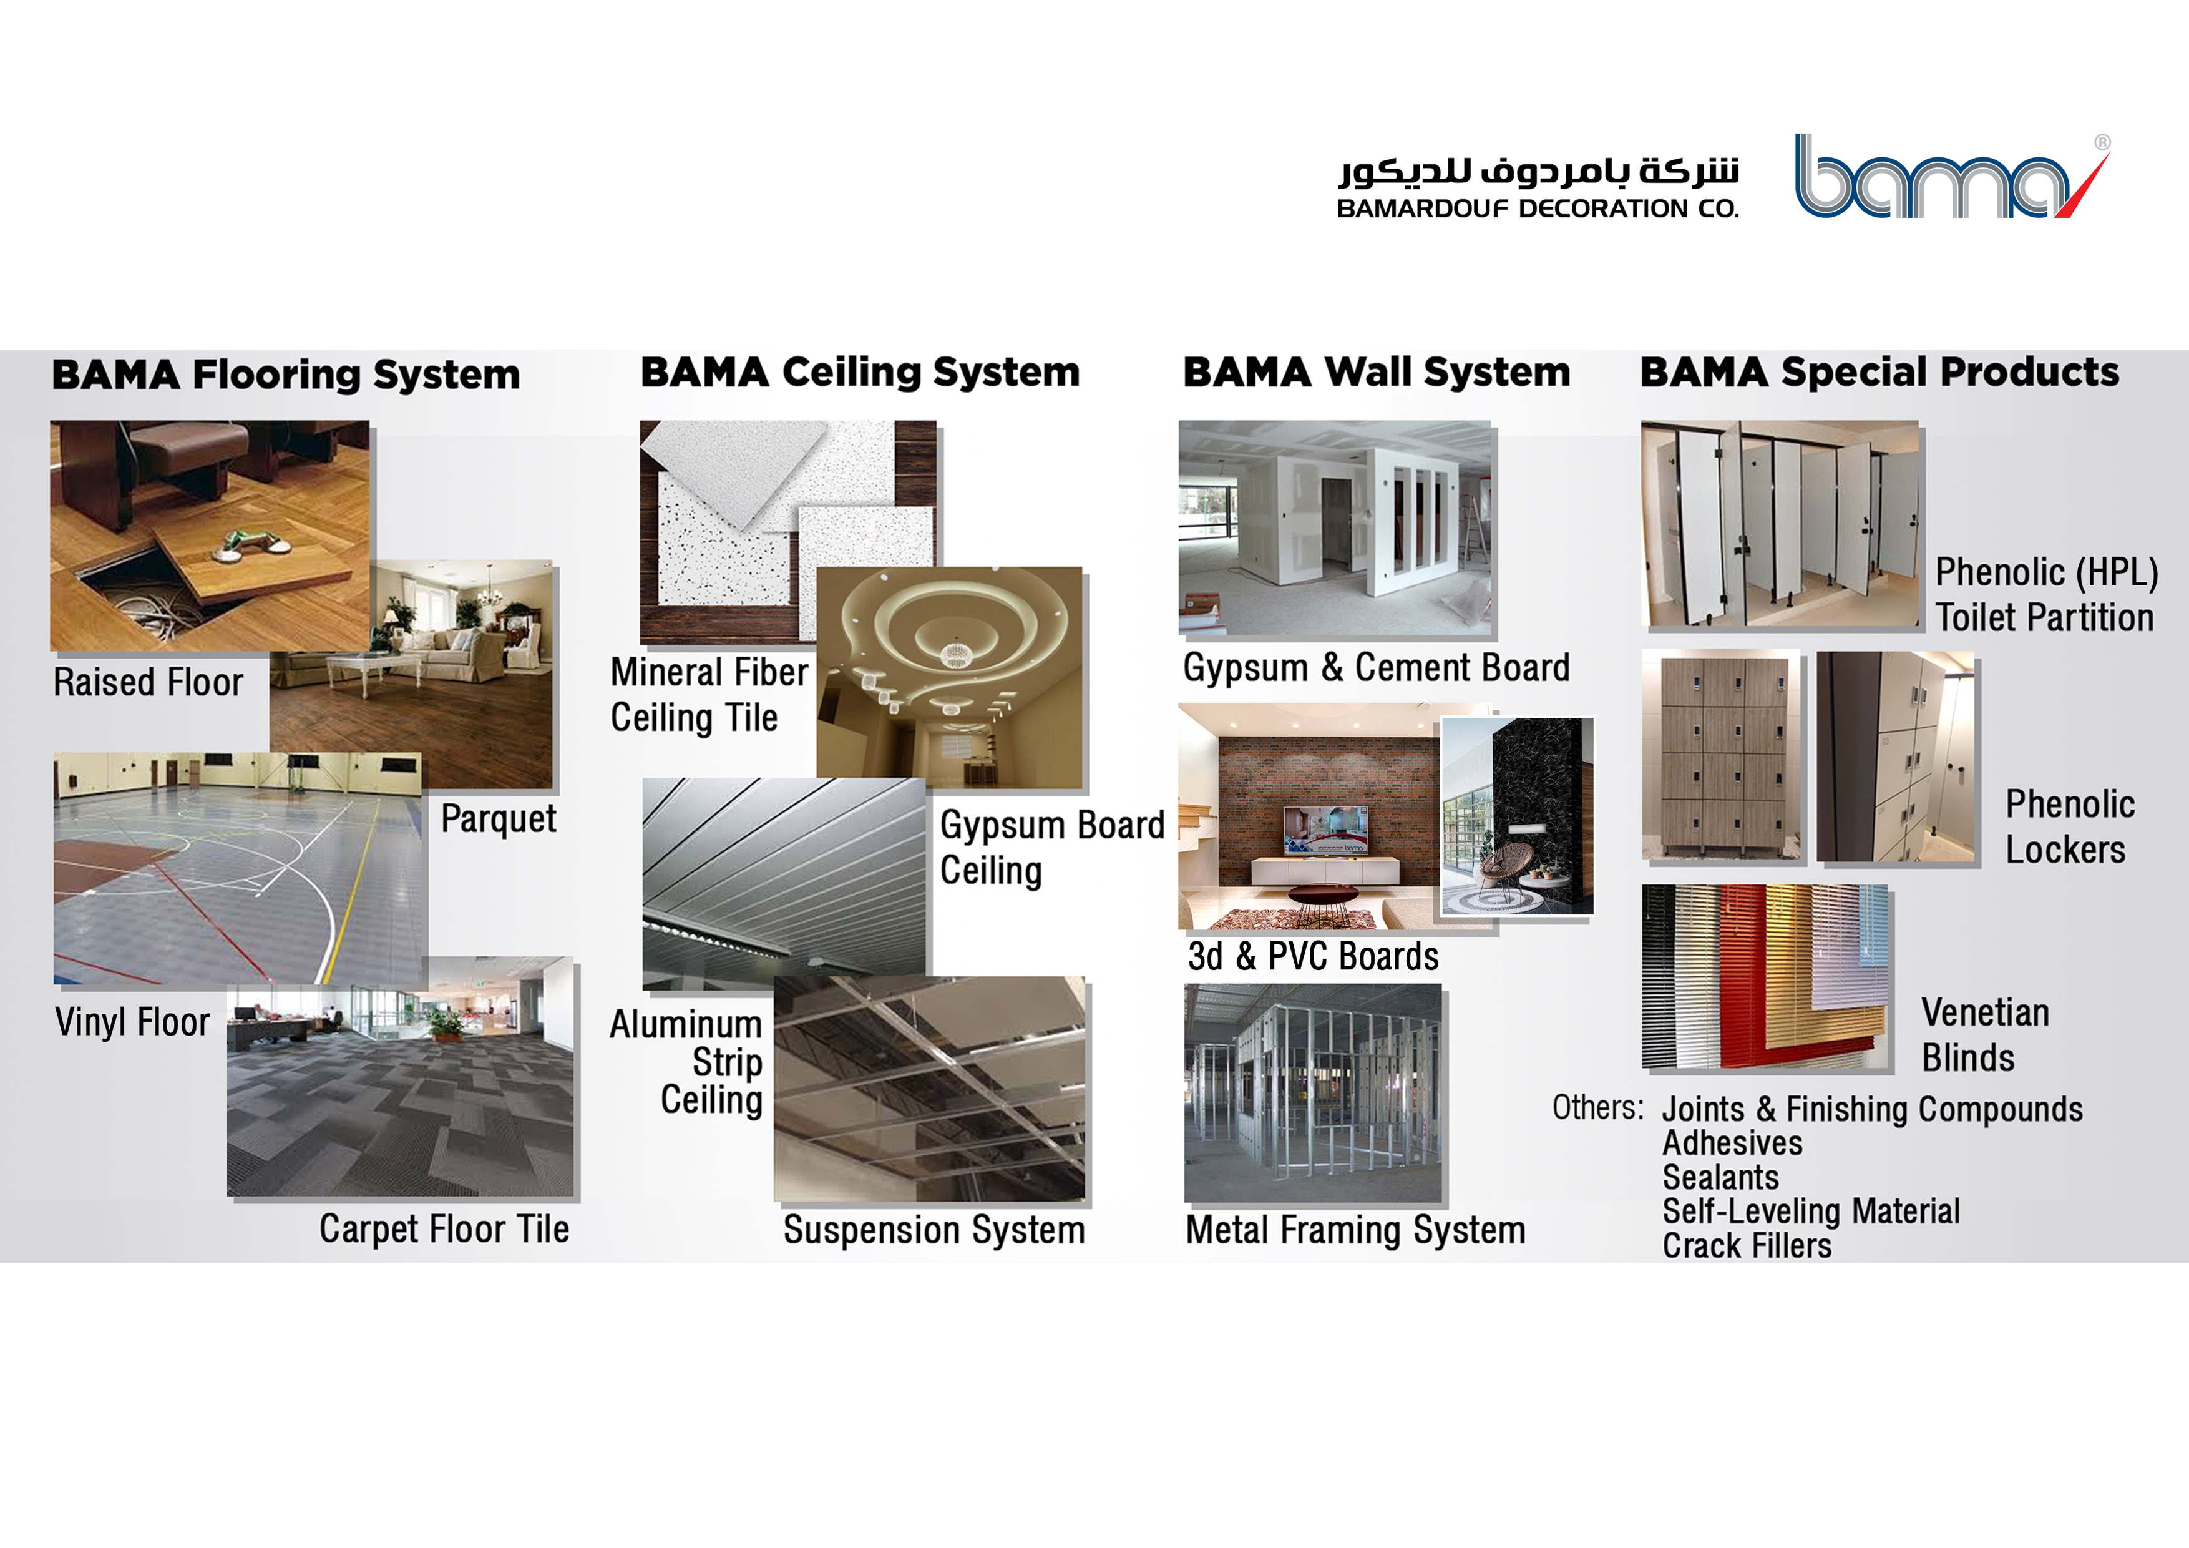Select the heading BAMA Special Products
click(1879, 372)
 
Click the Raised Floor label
click(148, 683)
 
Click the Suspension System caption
click(934, 1230)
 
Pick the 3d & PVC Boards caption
click(1313, 956)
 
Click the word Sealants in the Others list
click(1721, 1178)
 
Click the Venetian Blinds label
click(1985, 1035)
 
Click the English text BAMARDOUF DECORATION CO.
click(1538, 209)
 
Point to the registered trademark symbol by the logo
click(2102, 142)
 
